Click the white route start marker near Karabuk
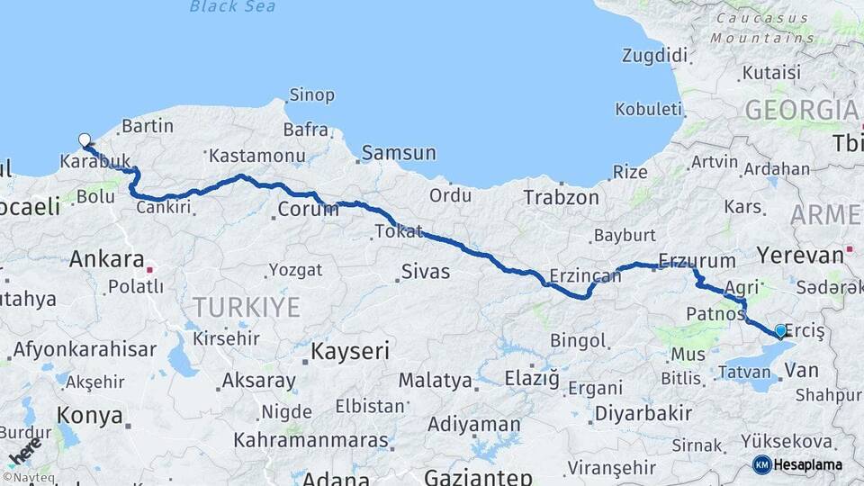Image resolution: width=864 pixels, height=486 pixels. pos(85,139)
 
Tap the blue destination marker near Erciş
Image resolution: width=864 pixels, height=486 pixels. pos(779,330)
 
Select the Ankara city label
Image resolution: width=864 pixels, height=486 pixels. pos(107,260)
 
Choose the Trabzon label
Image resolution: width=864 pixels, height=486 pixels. pos(561,197)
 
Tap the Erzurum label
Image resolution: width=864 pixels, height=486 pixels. pos(697,261)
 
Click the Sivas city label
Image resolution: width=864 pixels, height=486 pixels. pos(426,271)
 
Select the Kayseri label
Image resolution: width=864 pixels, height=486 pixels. pos(350,351)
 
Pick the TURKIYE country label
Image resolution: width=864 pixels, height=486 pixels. pos(242,307)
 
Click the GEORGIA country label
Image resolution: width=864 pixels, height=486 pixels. pos(800,110)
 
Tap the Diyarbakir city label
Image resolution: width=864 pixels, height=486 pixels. pos(643,414)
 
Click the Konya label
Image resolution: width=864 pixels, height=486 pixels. pos(89,416)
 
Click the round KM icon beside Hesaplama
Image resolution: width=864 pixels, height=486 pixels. pos(762,464)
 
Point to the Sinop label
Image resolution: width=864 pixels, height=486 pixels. pos(311,95)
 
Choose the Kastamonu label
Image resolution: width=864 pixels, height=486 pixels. pos(252,156)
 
